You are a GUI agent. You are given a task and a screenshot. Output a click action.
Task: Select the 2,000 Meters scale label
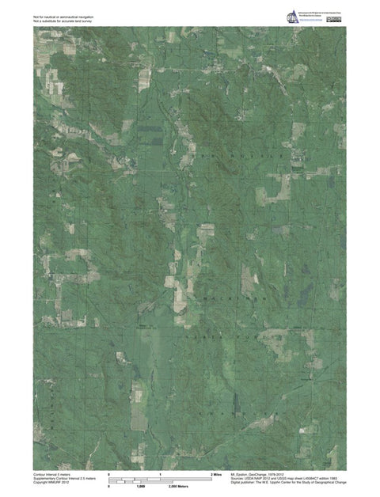coord(178,486)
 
